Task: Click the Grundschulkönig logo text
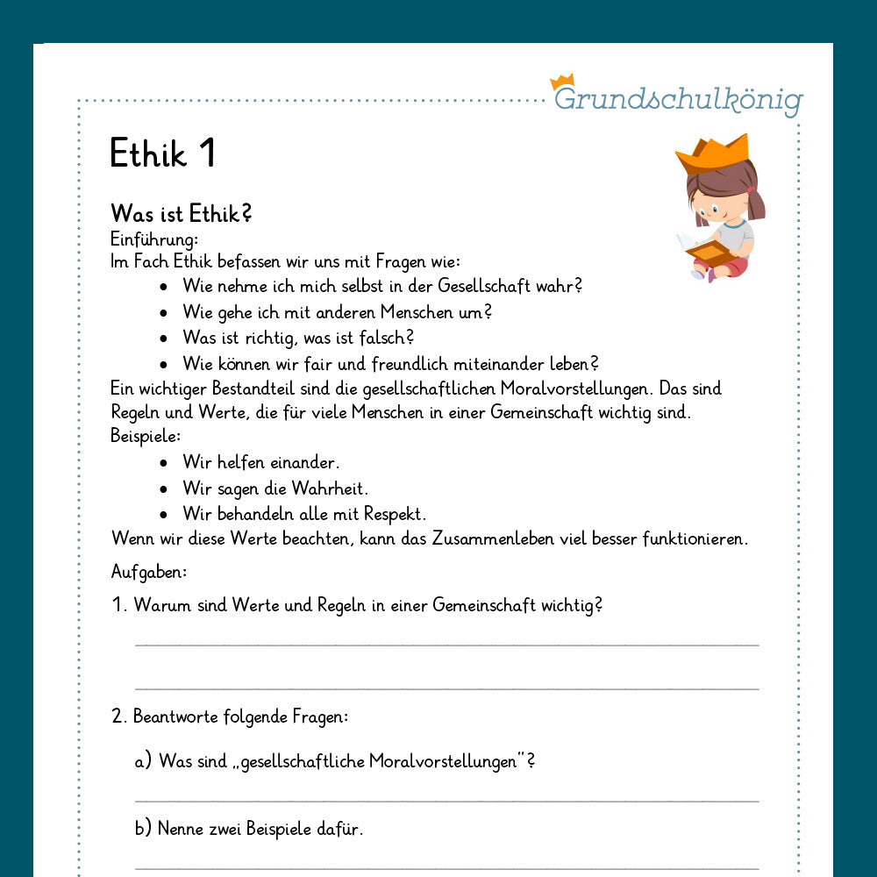tap(678, 99)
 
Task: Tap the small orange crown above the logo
tap(561, 82)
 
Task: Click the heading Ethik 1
tap(162, 153)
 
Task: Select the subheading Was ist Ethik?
tap(182, 213)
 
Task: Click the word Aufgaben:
tap(149, 572)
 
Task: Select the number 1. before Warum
tap(120, 606)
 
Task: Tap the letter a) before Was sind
tap(143, 761)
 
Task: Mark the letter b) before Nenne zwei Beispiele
tap(143, 828)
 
